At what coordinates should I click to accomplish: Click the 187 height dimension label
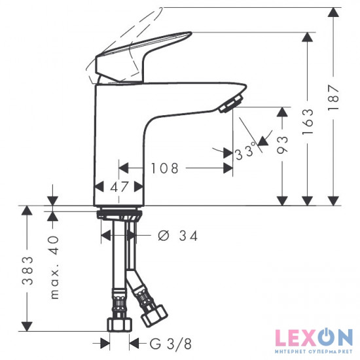(x=333, y=97)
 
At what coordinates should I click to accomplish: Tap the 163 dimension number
(x=308, y=122)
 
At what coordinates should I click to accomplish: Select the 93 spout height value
(x=282, y=145)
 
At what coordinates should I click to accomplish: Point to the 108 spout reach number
(x=164, y=168)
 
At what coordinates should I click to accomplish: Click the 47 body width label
(x=119, y=187)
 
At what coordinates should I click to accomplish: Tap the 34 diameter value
(x=189, y=236)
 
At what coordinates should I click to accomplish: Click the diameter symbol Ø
(x=164, y=236)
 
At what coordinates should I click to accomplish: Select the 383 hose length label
(x=27, y=271)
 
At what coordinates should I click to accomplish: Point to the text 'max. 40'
(x=55, y=267)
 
